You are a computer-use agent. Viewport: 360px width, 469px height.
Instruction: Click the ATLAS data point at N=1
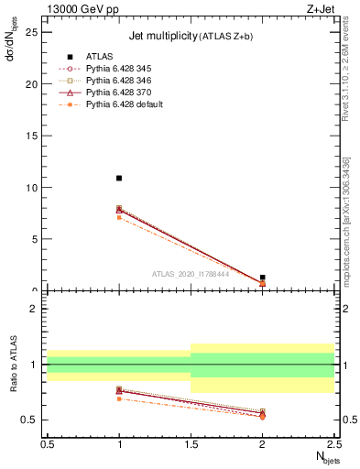(119, 178)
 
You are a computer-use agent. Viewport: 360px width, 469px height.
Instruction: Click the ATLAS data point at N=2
(262, 277)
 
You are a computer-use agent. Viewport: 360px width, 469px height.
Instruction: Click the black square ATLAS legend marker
(69, 57)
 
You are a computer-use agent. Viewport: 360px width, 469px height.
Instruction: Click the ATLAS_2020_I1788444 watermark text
(191, 273)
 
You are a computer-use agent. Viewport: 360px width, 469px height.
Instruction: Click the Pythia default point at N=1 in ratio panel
(119, 398)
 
